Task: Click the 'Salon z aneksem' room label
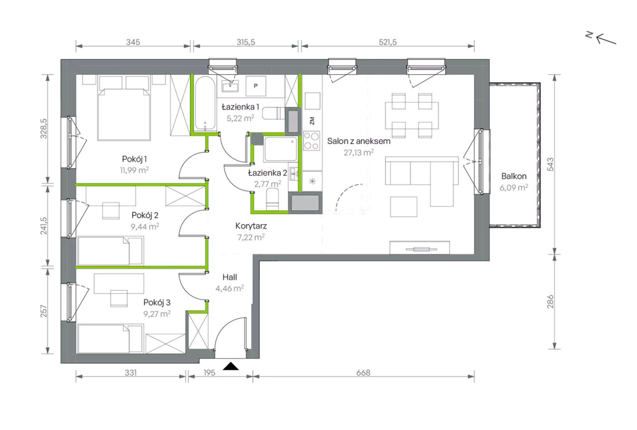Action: (359, 141)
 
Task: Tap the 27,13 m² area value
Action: (359, 152)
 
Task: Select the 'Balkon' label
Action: (514, 176)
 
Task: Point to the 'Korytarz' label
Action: (251, 226)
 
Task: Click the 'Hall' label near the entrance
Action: (229, 277)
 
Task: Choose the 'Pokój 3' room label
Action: (157, 302)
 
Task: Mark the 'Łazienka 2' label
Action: (267, 173)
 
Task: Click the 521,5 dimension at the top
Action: (388, 42)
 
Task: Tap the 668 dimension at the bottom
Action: (363, 373)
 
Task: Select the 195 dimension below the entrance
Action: (210, 373)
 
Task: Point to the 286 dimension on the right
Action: (550, 302)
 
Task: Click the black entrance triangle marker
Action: (230, 366)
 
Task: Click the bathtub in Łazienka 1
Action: (205, 104)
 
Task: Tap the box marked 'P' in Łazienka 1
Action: (256, 86)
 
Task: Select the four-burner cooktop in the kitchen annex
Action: (312, 141)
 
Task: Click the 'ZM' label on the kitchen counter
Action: (312, 121)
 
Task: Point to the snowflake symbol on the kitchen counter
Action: (312, 181)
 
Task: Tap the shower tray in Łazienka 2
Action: (281, 149)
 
